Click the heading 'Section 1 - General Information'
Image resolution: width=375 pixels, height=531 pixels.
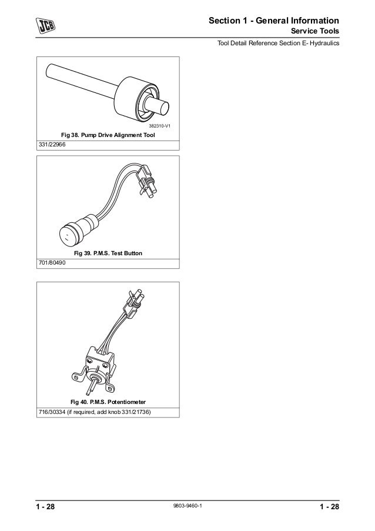tap(274, 21)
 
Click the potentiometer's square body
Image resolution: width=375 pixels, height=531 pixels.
tap(99, 362)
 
